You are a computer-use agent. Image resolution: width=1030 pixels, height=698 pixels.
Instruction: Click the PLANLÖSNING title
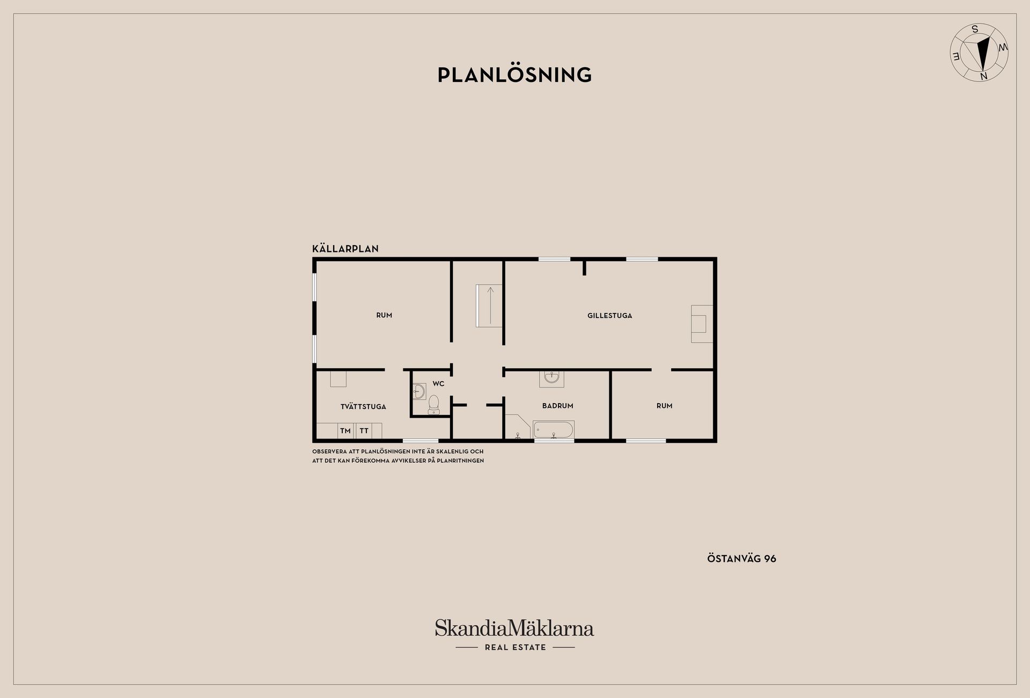514,75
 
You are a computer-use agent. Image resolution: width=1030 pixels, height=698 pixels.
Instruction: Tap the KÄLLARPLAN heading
345,249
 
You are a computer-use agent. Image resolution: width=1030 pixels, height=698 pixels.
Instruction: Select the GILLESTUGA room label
609,316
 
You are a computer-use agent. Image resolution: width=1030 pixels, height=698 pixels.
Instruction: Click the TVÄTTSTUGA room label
363,407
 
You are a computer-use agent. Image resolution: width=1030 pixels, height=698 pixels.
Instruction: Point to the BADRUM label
557,406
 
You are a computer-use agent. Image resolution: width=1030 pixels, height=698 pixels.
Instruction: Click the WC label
438,384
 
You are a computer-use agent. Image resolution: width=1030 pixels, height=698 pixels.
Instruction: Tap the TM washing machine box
345,431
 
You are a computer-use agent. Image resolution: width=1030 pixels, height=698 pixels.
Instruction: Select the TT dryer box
364,431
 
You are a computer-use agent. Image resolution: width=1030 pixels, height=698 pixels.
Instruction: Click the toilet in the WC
434,405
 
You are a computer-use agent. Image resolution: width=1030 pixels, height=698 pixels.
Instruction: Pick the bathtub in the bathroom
554,430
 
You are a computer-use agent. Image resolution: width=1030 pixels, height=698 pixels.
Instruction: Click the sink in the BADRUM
551,378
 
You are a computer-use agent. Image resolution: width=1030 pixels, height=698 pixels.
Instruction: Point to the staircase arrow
490,306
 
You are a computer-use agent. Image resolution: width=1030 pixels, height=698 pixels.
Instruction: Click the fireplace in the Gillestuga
702,324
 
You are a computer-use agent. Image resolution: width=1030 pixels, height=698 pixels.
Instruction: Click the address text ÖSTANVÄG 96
741,559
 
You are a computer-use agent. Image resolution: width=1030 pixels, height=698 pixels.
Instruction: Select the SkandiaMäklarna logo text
514,628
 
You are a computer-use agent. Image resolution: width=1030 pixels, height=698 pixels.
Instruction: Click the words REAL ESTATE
515,648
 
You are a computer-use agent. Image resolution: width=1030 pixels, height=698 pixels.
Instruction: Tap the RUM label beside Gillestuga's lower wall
664,406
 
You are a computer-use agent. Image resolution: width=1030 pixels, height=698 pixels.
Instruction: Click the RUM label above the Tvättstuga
384,315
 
